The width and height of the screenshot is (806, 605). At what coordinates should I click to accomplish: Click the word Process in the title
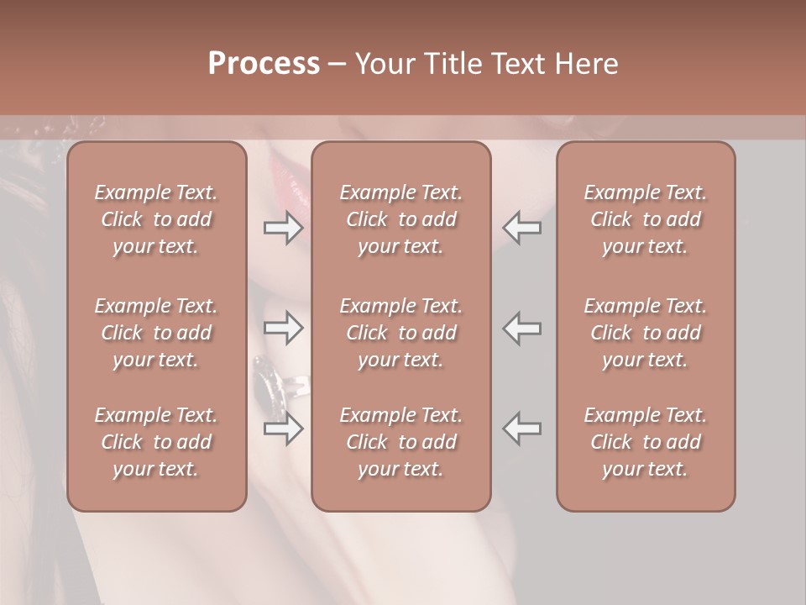click(264, 63)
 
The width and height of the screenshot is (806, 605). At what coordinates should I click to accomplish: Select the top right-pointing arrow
click(283, 228)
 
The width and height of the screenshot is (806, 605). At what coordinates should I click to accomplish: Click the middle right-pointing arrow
click(283, 329)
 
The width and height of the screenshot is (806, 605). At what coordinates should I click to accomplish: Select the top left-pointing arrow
click(522, 228)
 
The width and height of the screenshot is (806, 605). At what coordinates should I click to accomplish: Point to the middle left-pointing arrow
click(522, 329)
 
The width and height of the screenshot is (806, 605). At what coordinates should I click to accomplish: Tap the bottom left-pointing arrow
click(522, 429)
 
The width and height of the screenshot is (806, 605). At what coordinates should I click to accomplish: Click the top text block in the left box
click(156, 219)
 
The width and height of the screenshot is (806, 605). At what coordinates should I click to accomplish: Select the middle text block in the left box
click(156, 333)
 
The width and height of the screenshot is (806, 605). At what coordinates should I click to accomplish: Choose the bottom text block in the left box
click(156, 442)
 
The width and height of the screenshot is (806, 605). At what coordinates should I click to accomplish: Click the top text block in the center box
click(400, 219)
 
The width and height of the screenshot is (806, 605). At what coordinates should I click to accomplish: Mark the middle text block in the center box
click(400, 333)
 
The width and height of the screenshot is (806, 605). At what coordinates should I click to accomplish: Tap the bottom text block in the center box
click(400, 442)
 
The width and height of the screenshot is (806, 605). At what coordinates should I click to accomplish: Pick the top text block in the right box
click(645, 219)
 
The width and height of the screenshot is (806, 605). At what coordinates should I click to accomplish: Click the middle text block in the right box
click(645, 333)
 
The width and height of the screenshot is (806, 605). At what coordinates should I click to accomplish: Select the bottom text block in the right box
click(645, 442)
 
